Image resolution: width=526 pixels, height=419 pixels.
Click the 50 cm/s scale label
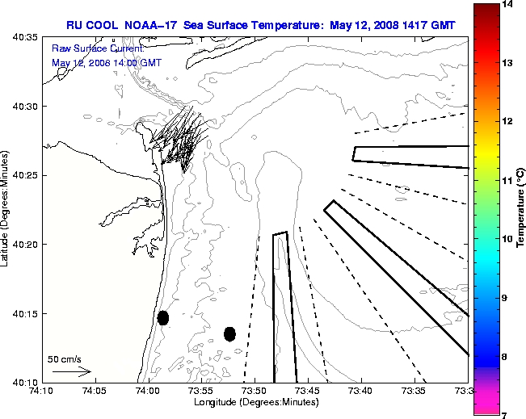[x=65, y=358]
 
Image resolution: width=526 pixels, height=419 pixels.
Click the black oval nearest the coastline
[x=163, y=317]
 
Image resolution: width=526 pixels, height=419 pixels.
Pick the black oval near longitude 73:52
[x=229, y=333]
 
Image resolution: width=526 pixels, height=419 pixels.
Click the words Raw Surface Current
[x=87, y=48]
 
